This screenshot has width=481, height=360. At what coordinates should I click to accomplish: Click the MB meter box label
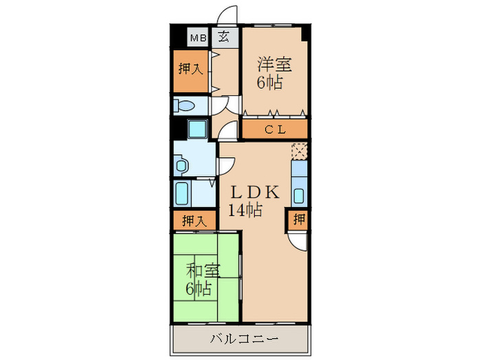coord(198,38)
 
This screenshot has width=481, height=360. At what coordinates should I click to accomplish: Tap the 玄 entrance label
coord(225,38)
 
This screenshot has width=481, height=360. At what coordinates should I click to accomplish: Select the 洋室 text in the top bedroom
coord(274,66)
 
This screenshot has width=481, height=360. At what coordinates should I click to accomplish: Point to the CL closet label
coord(275,130)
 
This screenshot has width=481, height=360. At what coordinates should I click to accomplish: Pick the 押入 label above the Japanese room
coord(194,221)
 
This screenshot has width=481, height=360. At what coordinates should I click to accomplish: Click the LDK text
coord(254,193)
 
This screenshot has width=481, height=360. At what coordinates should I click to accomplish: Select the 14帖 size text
coord(246,211)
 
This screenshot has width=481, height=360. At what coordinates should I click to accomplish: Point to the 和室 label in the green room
coord(203,270)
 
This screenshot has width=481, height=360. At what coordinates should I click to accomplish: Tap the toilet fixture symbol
coord(185,106)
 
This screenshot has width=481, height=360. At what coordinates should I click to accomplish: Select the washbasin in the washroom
coord(181,165)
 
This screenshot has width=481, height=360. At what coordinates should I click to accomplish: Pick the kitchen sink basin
coord(299,194)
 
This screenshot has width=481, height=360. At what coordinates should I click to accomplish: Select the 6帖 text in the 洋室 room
coord(270,83)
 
